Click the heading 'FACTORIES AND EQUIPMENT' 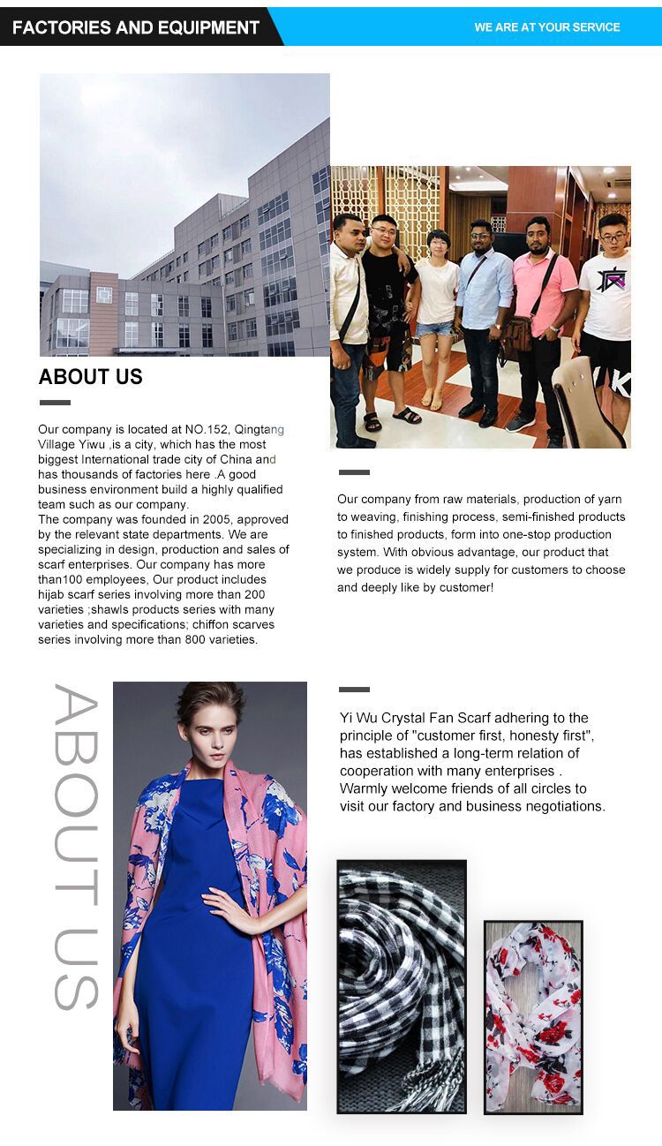pos(135,27)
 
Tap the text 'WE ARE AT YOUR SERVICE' pos(547,27)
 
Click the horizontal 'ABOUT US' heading pos(90,377)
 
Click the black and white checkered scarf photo pos(402,986)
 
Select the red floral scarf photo pos(533,1016)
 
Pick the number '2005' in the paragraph pos(218,519)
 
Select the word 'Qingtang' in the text pos(260,429)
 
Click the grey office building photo pos(184,215)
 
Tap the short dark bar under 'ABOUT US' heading pos(55,403)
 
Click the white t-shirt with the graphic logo pos(608,292)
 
